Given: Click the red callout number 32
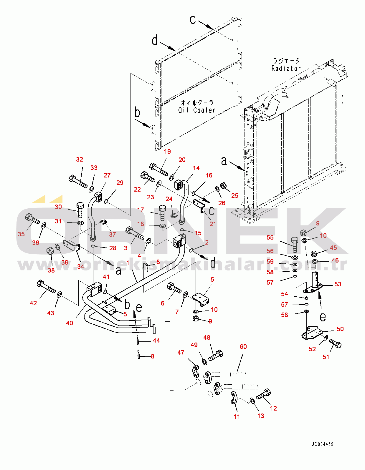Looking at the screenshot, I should point(80,160).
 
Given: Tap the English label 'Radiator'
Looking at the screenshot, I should point(286,68).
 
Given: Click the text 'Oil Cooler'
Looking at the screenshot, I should point(196,110).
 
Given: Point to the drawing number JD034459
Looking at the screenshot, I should point(322,444).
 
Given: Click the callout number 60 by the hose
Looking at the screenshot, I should point(243,347).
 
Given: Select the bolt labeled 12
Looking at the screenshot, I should point(264,394).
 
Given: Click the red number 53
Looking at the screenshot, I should point(338,284).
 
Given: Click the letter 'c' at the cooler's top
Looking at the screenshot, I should point(193,20).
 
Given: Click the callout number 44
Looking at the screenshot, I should point(156,341).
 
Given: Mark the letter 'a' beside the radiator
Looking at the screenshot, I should point(224,161).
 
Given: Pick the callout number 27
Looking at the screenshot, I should point(107,175).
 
